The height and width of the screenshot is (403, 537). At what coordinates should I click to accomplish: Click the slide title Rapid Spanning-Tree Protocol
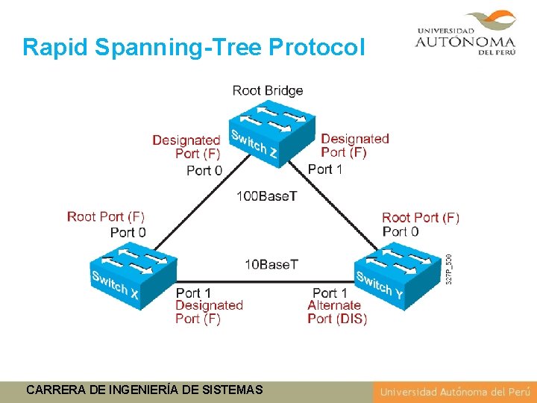click(194, 47)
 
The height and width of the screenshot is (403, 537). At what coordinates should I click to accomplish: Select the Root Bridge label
click(268, 90)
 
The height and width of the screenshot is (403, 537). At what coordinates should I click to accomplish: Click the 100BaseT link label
click(266, 196)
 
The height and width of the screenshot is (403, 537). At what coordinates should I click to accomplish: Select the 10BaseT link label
click(271, 264)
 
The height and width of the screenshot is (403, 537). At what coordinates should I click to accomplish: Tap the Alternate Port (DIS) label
click(336, 312)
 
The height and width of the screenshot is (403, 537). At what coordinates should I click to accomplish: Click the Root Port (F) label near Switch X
click(106, 216)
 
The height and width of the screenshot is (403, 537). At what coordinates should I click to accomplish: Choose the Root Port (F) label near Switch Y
click(421, 217)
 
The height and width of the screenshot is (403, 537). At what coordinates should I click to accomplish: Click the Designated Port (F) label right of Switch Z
click(354, 146)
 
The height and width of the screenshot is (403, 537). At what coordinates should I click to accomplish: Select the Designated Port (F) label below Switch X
click(209, 312)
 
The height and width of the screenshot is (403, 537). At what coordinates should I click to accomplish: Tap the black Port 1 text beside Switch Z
click(326, 169)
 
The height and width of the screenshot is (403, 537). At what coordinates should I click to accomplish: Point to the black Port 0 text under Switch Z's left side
click(204, 170)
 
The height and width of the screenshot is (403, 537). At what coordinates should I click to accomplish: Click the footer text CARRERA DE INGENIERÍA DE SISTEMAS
click(144, 390)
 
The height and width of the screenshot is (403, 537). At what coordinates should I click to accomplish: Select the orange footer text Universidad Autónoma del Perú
click(453, 392)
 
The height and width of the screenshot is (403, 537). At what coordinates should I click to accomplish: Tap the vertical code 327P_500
click(448, 269)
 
